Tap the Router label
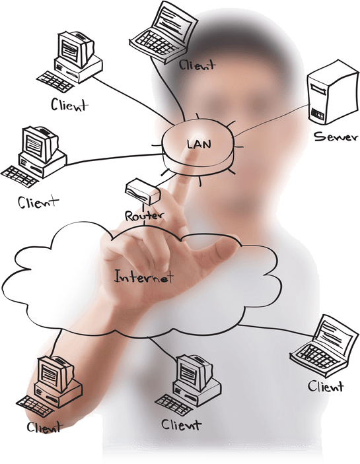pos(144,216)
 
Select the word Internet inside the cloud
pos(143,277)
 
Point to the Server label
pos(336,137)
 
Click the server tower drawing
pos(332,92)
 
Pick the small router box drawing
pos(143,191)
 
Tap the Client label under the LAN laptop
pos(197,65)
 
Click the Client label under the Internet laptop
pos(326,386)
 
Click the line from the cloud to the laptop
pos(275,329)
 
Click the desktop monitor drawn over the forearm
pos(55,373)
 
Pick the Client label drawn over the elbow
pos(44,427)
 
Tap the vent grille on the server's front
pos(317,114)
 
